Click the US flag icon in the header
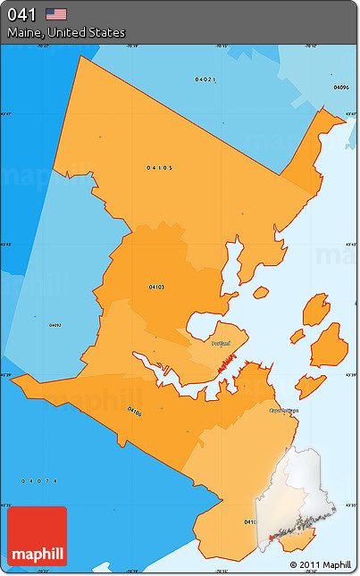[x=56, y=13]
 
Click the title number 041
[x=21, y=13]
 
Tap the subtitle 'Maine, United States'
[x=66, y=33]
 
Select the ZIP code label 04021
[x=205, y=79]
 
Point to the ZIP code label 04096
[x=340, y=88]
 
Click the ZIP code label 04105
[x=160, y=167]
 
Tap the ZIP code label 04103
[x=156, y=287]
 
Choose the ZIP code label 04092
[x=55, y=324]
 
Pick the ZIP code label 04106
[x=134, y=412]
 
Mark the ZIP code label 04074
[x=39, y=481]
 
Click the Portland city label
[x=221, y=343]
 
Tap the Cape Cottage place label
[x=283, y=411]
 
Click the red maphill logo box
[x=37, y=537]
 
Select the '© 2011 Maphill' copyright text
[x=320, y=565]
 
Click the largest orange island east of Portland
[x=328, y=345]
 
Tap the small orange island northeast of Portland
[x=260, y=292]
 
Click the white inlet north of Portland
[x=231, y=268]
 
